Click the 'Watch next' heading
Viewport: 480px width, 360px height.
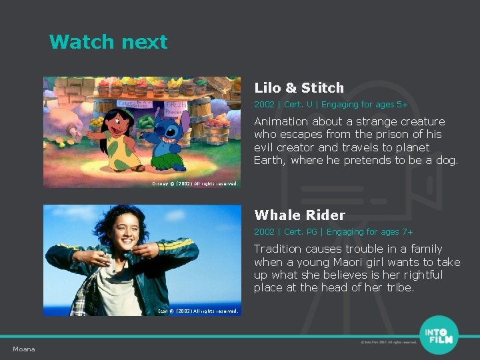(x=108, y=42)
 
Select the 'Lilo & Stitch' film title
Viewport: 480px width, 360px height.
(x=299, y=88)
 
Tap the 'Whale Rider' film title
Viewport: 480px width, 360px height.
(x=299, y=215)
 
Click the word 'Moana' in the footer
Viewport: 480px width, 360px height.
(x=24, y=349)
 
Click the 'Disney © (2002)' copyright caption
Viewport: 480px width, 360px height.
(x=195, y=183)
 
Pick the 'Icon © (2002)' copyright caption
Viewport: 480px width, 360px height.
(x=197, y=311)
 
